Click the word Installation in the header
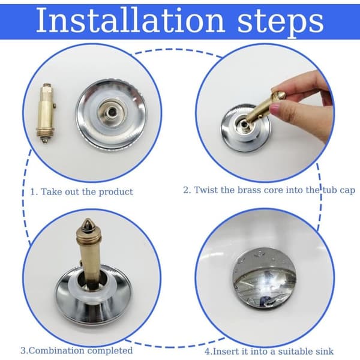click(130, 20)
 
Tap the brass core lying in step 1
click(46, 113)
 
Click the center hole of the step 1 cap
click(112, 112)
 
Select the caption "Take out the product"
click(86, 192)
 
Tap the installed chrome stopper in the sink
click(264, 279)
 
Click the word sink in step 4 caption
click(325, 352)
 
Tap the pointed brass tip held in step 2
click(281, 94)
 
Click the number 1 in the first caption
click(32, 192)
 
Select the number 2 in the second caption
click(186, 190)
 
